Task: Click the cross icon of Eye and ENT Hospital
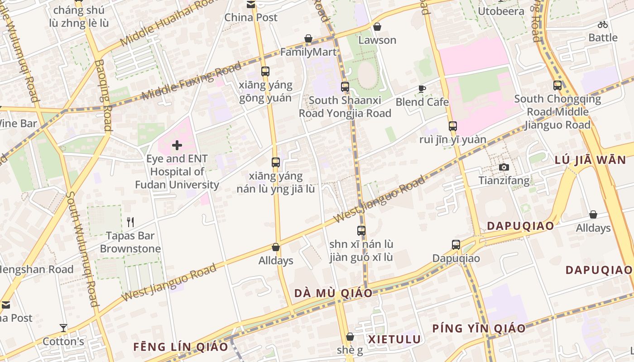177,145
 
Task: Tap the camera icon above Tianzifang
504,167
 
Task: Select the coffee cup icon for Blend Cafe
422,89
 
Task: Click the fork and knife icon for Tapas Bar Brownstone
130,222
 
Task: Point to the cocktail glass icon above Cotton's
63,328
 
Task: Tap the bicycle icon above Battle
602,24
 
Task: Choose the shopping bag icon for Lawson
377,27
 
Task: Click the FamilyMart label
308,52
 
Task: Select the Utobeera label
501,11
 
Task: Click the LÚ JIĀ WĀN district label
590,160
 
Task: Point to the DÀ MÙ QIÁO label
333,293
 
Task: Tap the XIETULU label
394,339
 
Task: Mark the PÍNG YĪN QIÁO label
479,329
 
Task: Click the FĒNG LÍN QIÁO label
180,347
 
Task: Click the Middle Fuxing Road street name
192,81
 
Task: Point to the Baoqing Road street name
104,95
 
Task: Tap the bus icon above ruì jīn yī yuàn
452,126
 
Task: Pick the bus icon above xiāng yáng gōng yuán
265,71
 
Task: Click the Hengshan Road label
36,270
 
